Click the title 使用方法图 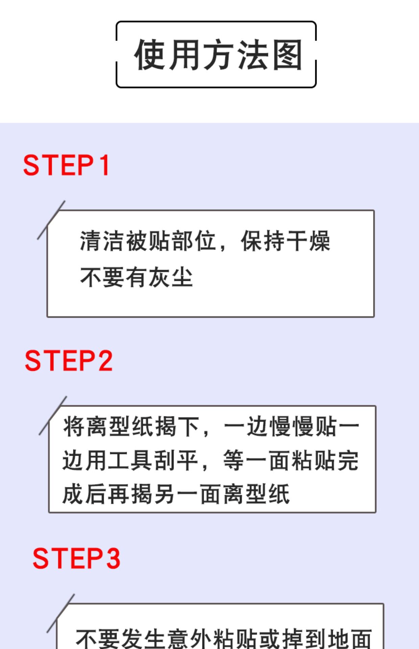pos(218,55)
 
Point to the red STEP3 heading pos(76,558)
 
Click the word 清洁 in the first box pos(102,241)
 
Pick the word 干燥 pos(308,241)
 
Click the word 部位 pos(194,241)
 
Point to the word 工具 pos(131,460)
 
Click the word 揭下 pos(176,426)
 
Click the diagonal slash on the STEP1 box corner pos(51,220)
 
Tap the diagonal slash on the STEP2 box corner pos(53,415)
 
